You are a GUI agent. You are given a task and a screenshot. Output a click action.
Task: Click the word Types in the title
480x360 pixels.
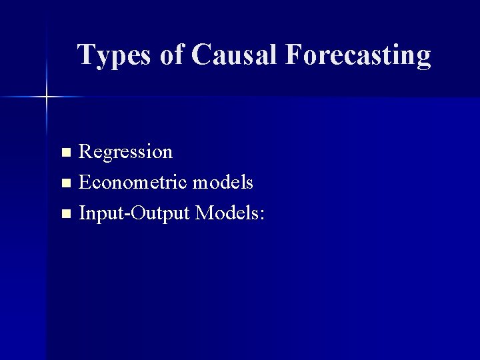[x=114, y=55]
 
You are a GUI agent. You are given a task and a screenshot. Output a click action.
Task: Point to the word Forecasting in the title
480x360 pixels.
[x=357, y=55]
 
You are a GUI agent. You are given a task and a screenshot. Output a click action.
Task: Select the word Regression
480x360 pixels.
[x=125, y=152]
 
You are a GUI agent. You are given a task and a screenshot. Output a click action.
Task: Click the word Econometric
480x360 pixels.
[x=133, y=182]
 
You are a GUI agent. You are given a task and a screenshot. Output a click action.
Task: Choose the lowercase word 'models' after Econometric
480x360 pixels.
[x=223, y=182]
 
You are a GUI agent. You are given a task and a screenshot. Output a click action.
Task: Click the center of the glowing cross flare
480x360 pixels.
[x=47, y=97]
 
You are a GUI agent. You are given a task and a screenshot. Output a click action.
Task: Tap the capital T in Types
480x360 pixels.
[x=85, y=55]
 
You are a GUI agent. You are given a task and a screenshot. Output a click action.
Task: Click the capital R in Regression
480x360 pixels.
[x=86, y=152]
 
